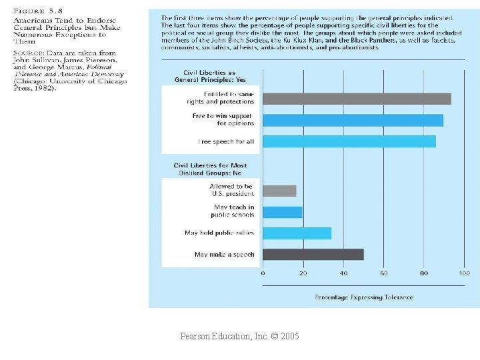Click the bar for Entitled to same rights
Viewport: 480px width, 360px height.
point(357,99)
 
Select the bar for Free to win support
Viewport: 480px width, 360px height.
point(353,120)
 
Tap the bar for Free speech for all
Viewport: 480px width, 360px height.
point(349,141)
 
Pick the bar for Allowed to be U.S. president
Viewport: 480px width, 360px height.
point(279,191)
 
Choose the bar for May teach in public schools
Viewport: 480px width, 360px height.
point(283,212)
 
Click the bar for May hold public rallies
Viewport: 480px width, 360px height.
point(297,233)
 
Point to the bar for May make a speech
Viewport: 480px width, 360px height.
point(313,254)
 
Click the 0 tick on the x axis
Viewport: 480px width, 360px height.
point(263,273)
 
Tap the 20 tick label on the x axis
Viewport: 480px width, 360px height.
point(303,273)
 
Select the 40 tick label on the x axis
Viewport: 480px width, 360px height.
point(343,273)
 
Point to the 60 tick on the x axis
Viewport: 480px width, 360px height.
point(384,273)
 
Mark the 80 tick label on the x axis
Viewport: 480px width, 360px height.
point(424,273)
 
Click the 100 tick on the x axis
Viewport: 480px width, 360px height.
point(464,273)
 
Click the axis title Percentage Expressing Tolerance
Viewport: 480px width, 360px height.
point(364,297)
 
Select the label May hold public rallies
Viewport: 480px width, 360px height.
point(220,233)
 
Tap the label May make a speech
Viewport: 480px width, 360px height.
point(224,255)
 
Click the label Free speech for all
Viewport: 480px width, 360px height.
point(226,142)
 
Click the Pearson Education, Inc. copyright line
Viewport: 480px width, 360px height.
point(239,337)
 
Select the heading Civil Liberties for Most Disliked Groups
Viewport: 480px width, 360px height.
point(210,169)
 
